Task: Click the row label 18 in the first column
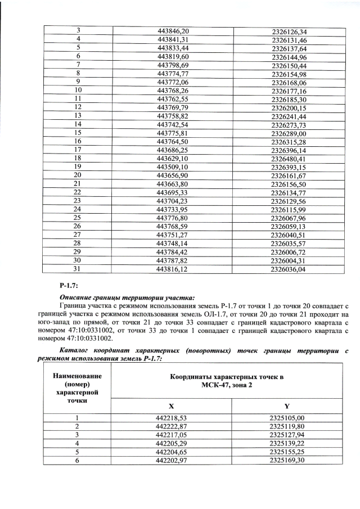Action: click(78, 159)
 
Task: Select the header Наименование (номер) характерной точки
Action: click(76, 388)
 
